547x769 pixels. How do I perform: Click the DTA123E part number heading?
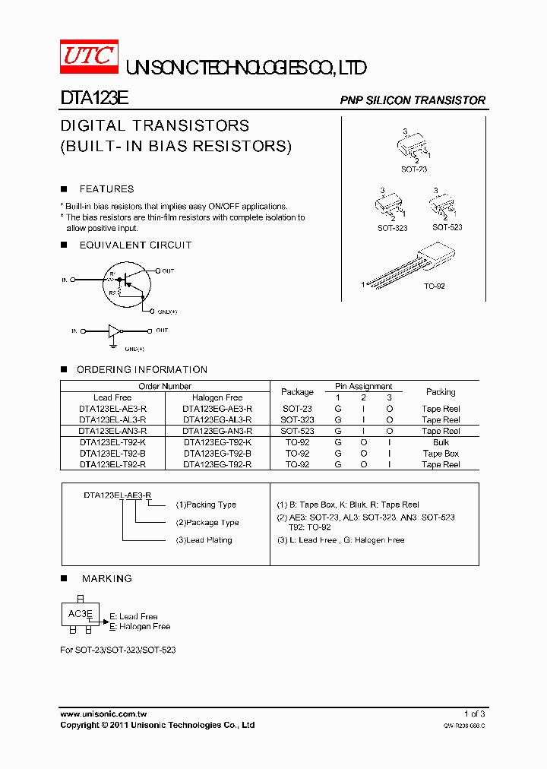94,100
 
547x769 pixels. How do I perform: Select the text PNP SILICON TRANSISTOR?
412,100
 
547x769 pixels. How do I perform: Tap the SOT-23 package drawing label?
414,169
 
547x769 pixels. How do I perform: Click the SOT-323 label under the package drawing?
392,228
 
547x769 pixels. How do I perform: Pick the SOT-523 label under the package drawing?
447,227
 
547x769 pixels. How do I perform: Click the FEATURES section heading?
106,189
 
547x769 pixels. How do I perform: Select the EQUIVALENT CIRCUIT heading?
135,245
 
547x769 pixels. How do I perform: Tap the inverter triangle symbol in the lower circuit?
114,331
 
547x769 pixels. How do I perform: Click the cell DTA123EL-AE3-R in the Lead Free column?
112,409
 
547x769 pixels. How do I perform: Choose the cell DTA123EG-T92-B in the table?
217,454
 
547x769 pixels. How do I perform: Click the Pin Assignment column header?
363,387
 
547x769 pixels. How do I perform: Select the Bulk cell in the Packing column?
441,442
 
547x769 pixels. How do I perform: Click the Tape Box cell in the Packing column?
441,454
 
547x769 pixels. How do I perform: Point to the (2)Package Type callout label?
207,523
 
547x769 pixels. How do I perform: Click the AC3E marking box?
81,614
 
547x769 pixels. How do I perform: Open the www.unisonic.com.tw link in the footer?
103,714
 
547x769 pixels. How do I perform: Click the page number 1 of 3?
474,714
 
